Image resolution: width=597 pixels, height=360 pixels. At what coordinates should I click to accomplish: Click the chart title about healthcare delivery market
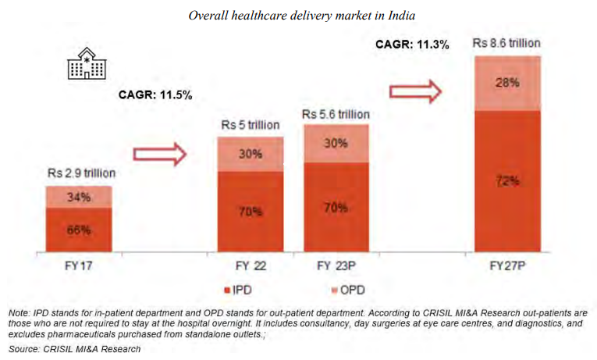tap(299, 15)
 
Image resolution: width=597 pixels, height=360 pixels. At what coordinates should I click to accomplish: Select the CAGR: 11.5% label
tap(155, 95)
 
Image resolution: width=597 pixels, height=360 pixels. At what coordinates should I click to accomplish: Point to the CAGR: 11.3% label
tap(411, 45)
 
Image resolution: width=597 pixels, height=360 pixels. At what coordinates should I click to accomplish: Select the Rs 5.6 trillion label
tap(336, 114)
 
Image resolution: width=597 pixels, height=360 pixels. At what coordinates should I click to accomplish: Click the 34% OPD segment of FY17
tap(78, 197)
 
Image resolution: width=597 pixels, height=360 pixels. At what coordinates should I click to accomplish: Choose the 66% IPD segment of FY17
tap(78, 230)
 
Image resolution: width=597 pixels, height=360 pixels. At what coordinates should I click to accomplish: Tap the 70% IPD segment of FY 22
tap(250, 211)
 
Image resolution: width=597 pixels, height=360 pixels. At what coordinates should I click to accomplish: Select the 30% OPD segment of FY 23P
tap(336, 144)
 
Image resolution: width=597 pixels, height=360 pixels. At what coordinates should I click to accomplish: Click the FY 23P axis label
tap(336, 266)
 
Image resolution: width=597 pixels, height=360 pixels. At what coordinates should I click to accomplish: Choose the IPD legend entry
tap(238, 290)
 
